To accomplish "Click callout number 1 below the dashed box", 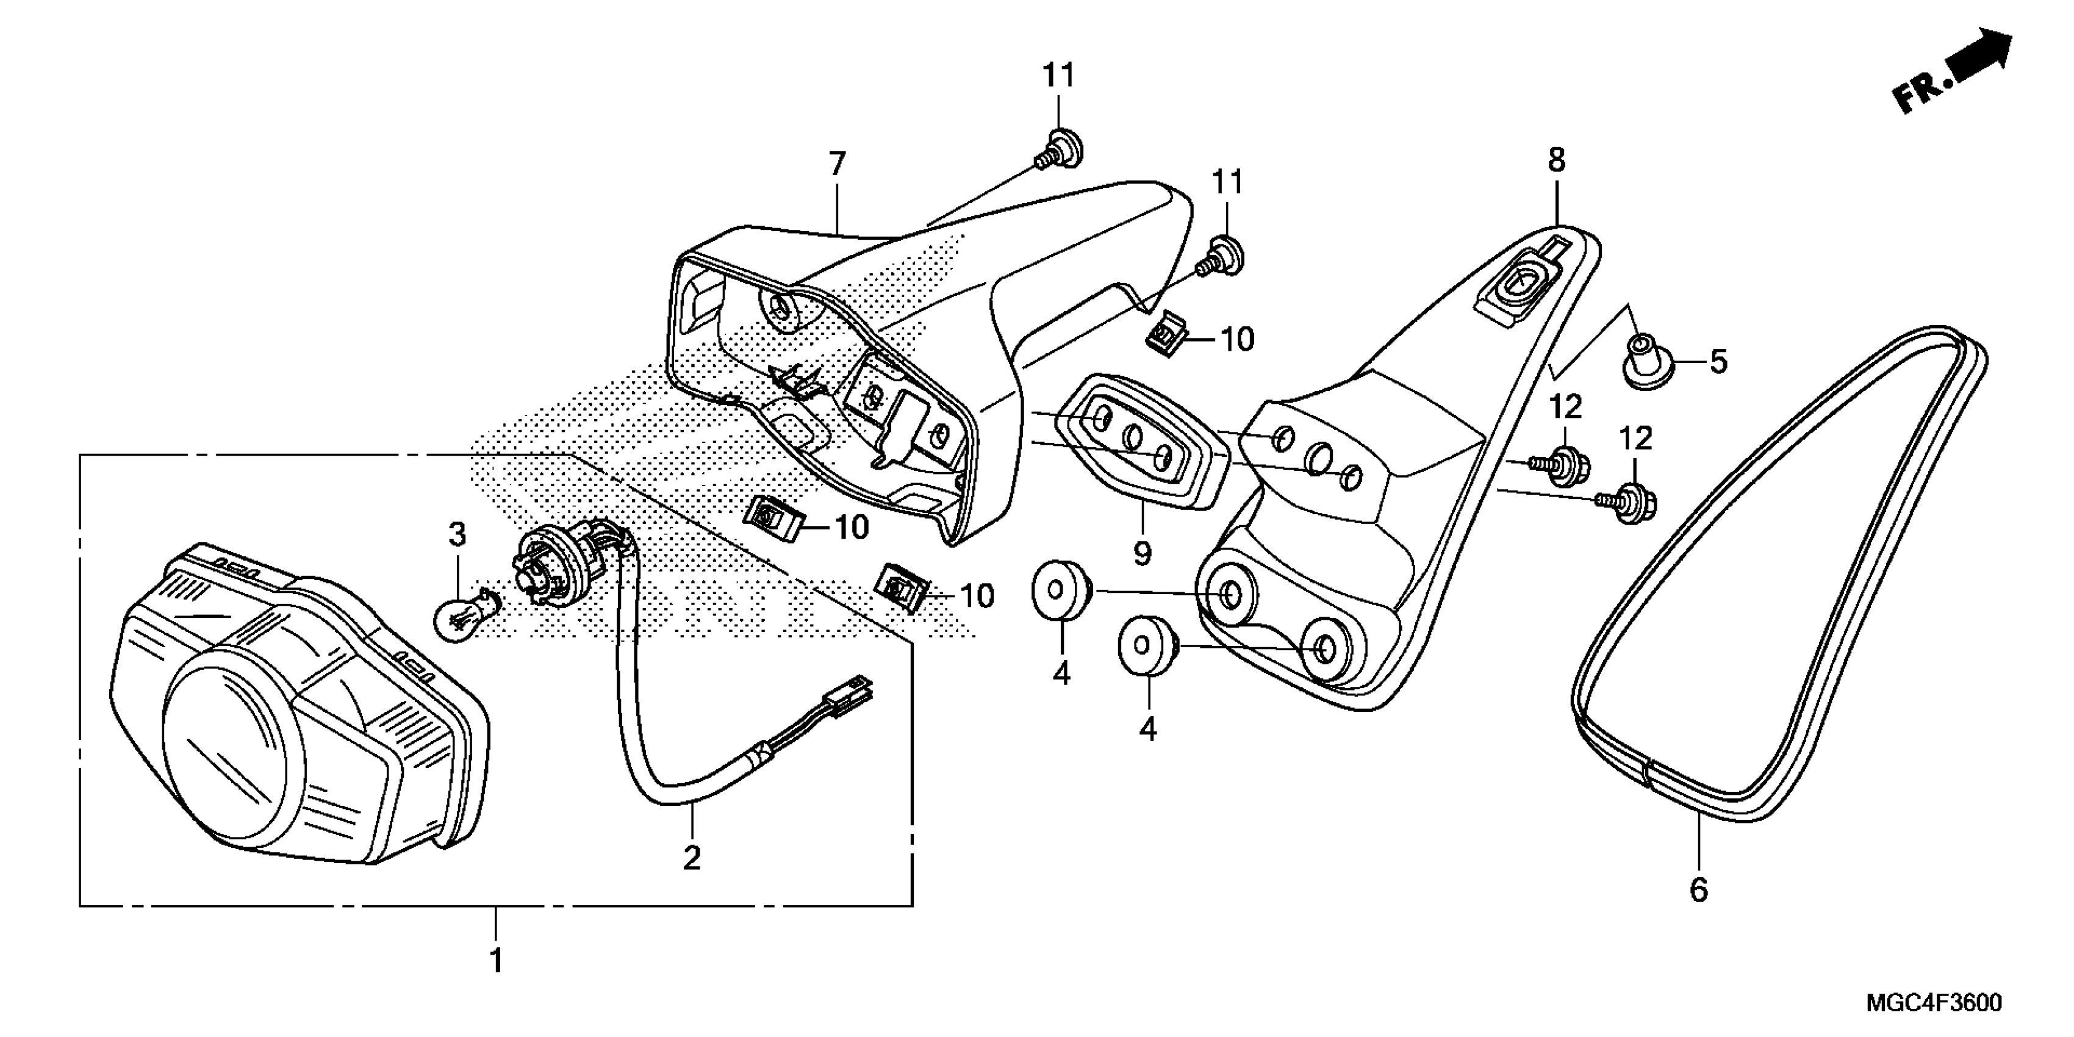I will point(497,961).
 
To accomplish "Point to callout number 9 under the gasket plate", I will point(1142,553).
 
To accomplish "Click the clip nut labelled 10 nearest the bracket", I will point(1168,332).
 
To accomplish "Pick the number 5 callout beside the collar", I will point(1718,362).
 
